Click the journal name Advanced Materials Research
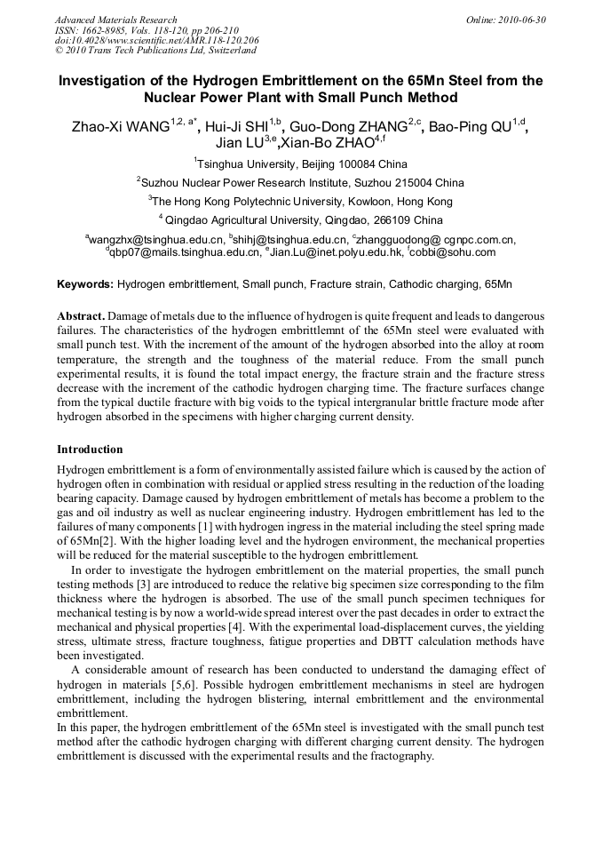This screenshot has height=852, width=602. tap(115, 20)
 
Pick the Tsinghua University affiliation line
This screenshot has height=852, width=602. tap(300, 164)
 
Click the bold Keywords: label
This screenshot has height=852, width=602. tap(85, 284)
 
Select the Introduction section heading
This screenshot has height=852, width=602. tap(90, 450)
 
